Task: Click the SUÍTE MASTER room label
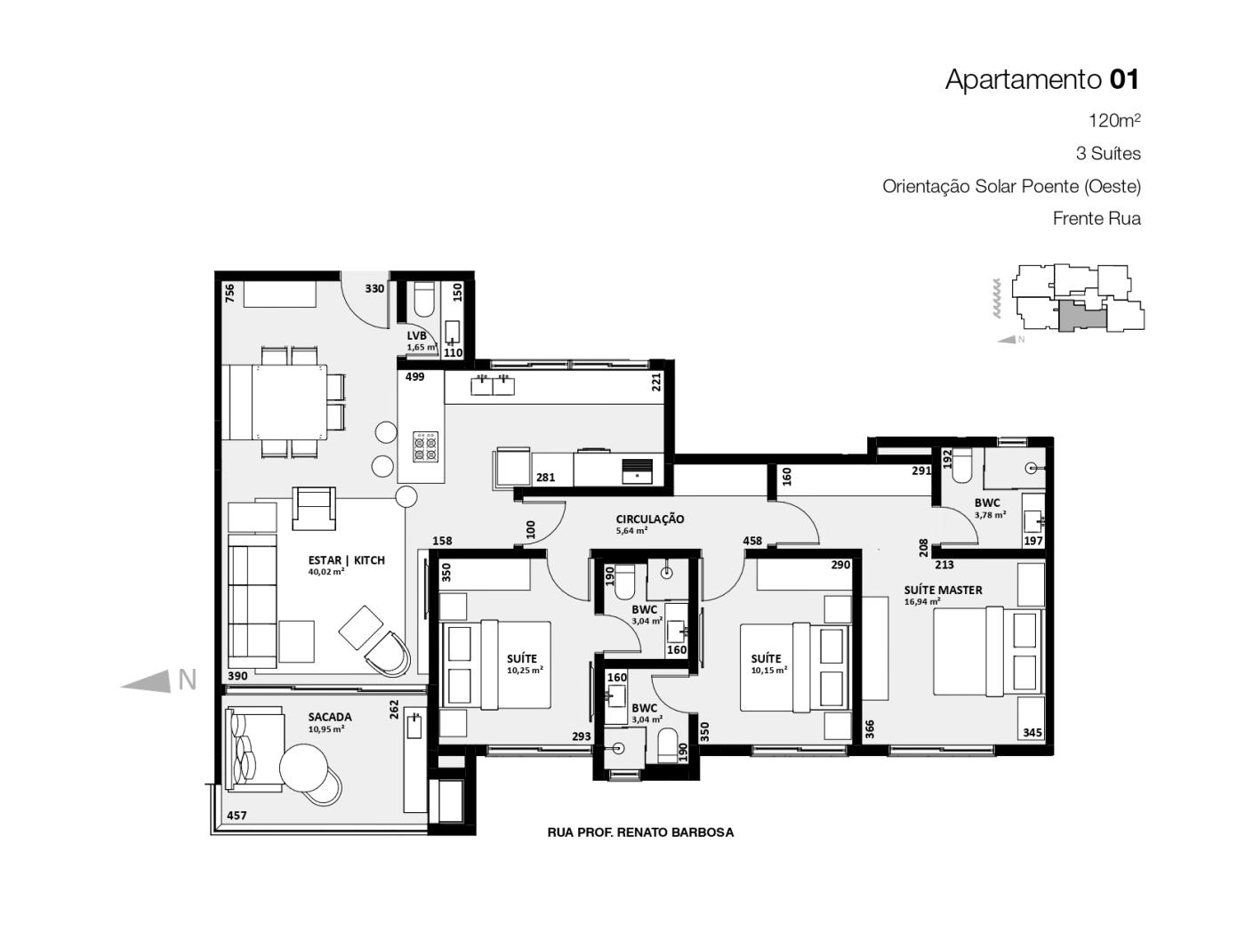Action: click(x=943, y=590)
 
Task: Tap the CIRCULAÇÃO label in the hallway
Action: click(x=650, y=519)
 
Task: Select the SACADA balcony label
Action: click(x=330, y=717)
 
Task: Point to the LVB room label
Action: click(x=416, y=336)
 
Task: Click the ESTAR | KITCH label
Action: click(x=347, y=560)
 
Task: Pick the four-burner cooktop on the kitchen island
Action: click(x=425, y=446)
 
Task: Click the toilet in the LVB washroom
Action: click(x=423, y=300)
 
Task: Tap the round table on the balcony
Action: click(x=304, y=768)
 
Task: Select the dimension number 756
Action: click(x=229, y=294)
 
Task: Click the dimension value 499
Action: click(x=414, y=376)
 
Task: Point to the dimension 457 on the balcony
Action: click(x=237, y=816)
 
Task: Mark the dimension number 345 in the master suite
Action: click(x=1032, y=732)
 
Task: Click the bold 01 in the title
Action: click(x=1124, y=79)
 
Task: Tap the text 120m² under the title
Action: click(x=1114, y=121)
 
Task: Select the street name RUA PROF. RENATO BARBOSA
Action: click(x=640, y=832)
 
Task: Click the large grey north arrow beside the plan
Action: click(x=147, y=681)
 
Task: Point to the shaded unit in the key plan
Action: click(x=1080, y=317)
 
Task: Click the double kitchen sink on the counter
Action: click(x=493, y=385)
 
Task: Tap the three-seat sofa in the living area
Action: click(x=253, y=600)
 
